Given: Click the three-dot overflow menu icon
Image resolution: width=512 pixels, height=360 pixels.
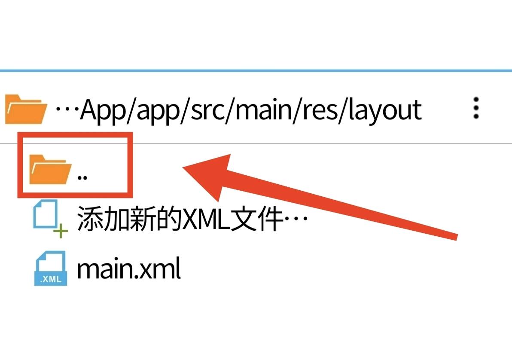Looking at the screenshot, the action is [x=476, y=108].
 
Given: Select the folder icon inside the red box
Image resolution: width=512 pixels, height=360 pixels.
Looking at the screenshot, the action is [x=50, y=169].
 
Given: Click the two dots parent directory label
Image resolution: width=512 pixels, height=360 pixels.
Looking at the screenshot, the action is [x=82, y=178].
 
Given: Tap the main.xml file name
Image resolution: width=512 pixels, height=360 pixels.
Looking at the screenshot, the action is [x=129, y=268].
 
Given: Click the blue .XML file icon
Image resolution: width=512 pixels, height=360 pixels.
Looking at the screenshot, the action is [x=51, y=268].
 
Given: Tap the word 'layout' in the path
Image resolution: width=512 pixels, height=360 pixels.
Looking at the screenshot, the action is [x=385, y=110].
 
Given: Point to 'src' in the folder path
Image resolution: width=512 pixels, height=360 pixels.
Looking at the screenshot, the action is [x=207, y=111].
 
